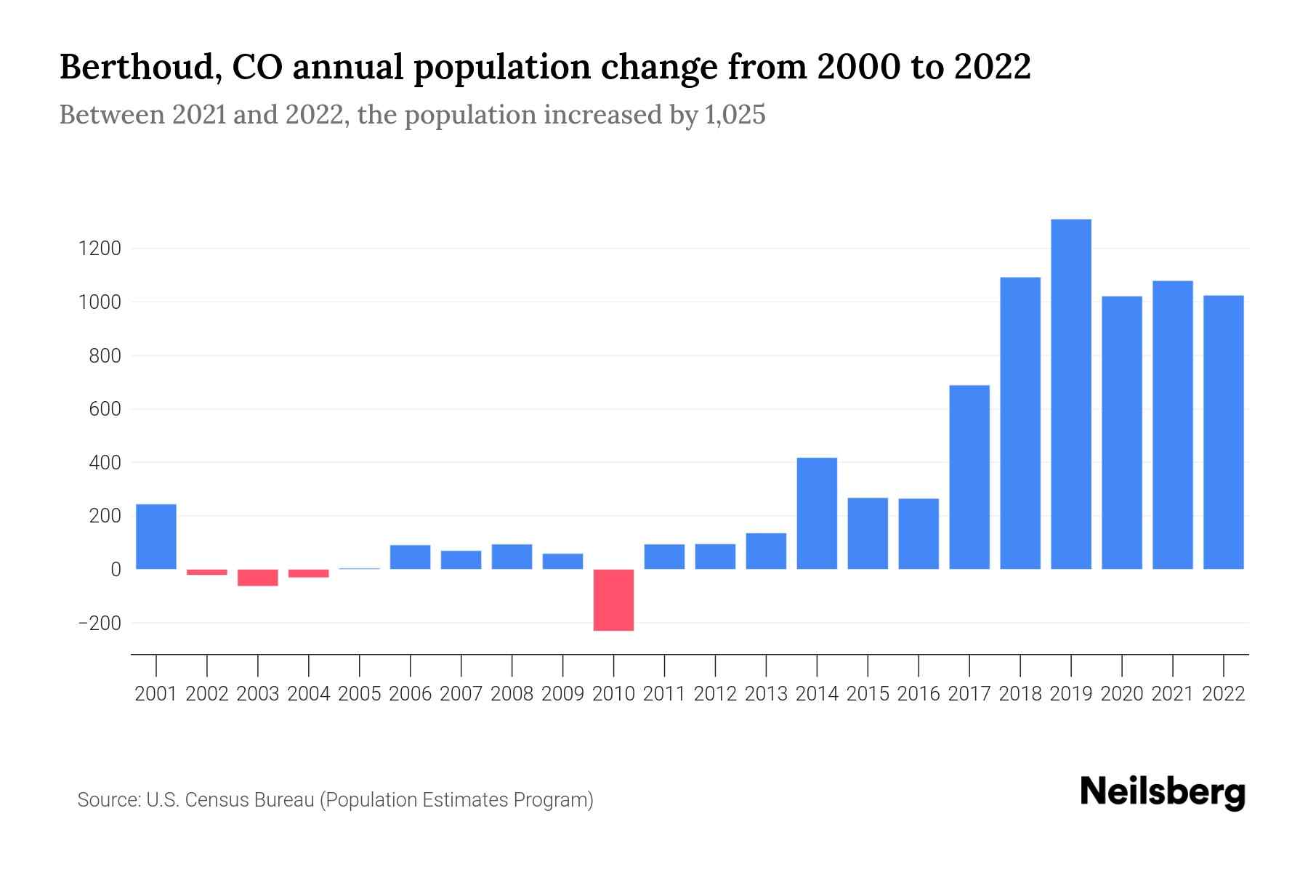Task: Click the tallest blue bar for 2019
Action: [1071, 394]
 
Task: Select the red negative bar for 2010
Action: [613, 599]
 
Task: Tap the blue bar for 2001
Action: [156, 536]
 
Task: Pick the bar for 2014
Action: [817, 513]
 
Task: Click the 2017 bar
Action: [969, 477]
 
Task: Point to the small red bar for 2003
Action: [258, 578]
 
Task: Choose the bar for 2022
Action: [1224, 432]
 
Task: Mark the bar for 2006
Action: [410, 557]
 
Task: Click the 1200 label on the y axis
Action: [99, 249]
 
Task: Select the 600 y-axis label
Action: [105, 409]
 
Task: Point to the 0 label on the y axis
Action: [116, 570]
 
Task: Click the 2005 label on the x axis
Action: [360, 694]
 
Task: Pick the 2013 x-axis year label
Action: [766, 694]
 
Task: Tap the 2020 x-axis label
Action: [1122, 694]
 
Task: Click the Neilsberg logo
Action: [1163, 793]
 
